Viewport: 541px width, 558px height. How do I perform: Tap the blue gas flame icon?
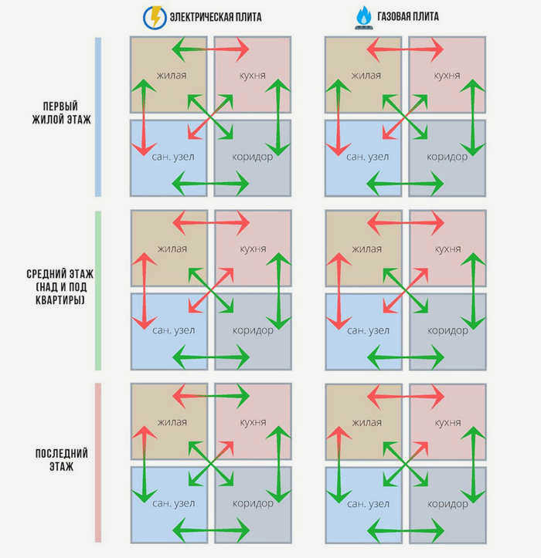[364, 18]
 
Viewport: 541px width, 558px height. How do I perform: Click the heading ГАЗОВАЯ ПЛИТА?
[408, 16]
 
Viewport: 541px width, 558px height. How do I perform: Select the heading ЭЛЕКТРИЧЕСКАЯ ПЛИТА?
[216, 17]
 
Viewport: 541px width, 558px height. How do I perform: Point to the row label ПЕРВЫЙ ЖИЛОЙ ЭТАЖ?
[61, 113]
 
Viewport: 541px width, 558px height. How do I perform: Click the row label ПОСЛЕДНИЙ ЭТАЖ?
[61, 460]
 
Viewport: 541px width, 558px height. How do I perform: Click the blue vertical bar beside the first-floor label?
[98, 117]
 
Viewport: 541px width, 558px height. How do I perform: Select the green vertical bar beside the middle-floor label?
[98, 290]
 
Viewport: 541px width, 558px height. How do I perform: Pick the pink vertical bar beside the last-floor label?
[98, 462]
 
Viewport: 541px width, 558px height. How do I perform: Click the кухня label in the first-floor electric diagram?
[252, 76]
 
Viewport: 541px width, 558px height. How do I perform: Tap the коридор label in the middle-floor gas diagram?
[447, 330]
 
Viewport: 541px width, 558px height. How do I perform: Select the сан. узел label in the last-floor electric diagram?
[174, 503]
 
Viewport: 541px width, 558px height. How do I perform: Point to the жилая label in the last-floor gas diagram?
[367, 422]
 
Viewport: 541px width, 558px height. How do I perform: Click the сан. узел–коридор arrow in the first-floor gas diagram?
[405, 184]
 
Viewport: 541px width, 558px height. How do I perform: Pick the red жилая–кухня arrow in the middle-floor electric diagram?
[211, 223]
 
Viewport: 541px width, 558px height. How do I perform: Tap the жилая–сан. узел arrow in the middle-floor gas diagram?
[339, 291]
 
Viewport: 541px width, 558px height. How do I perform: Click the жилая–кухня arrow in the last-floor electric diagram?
[211, 396]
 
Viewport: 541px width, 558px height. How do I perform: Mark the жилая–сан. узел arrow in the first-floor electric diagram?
[144, 117]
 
